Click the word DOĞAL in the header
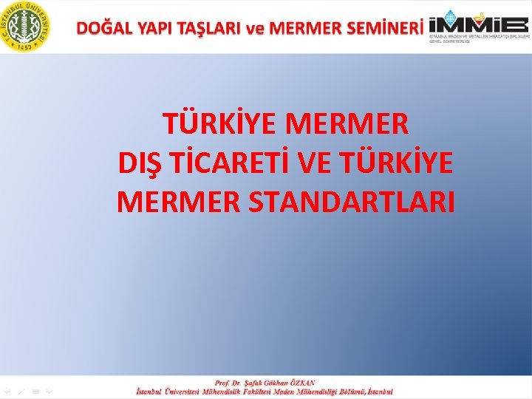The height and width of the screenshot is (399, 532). pyautogui.click(x=104, y=28)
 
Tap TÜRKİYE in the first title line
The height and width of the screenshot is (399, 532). pyautogui.click(x=219, y=124)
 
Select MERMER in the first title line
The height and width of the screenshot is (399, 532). pyautogui.click(x=347, y=124)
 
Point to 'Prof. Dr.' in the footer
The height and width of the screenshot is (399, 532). pyautogui.click(x=230, y=383)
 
